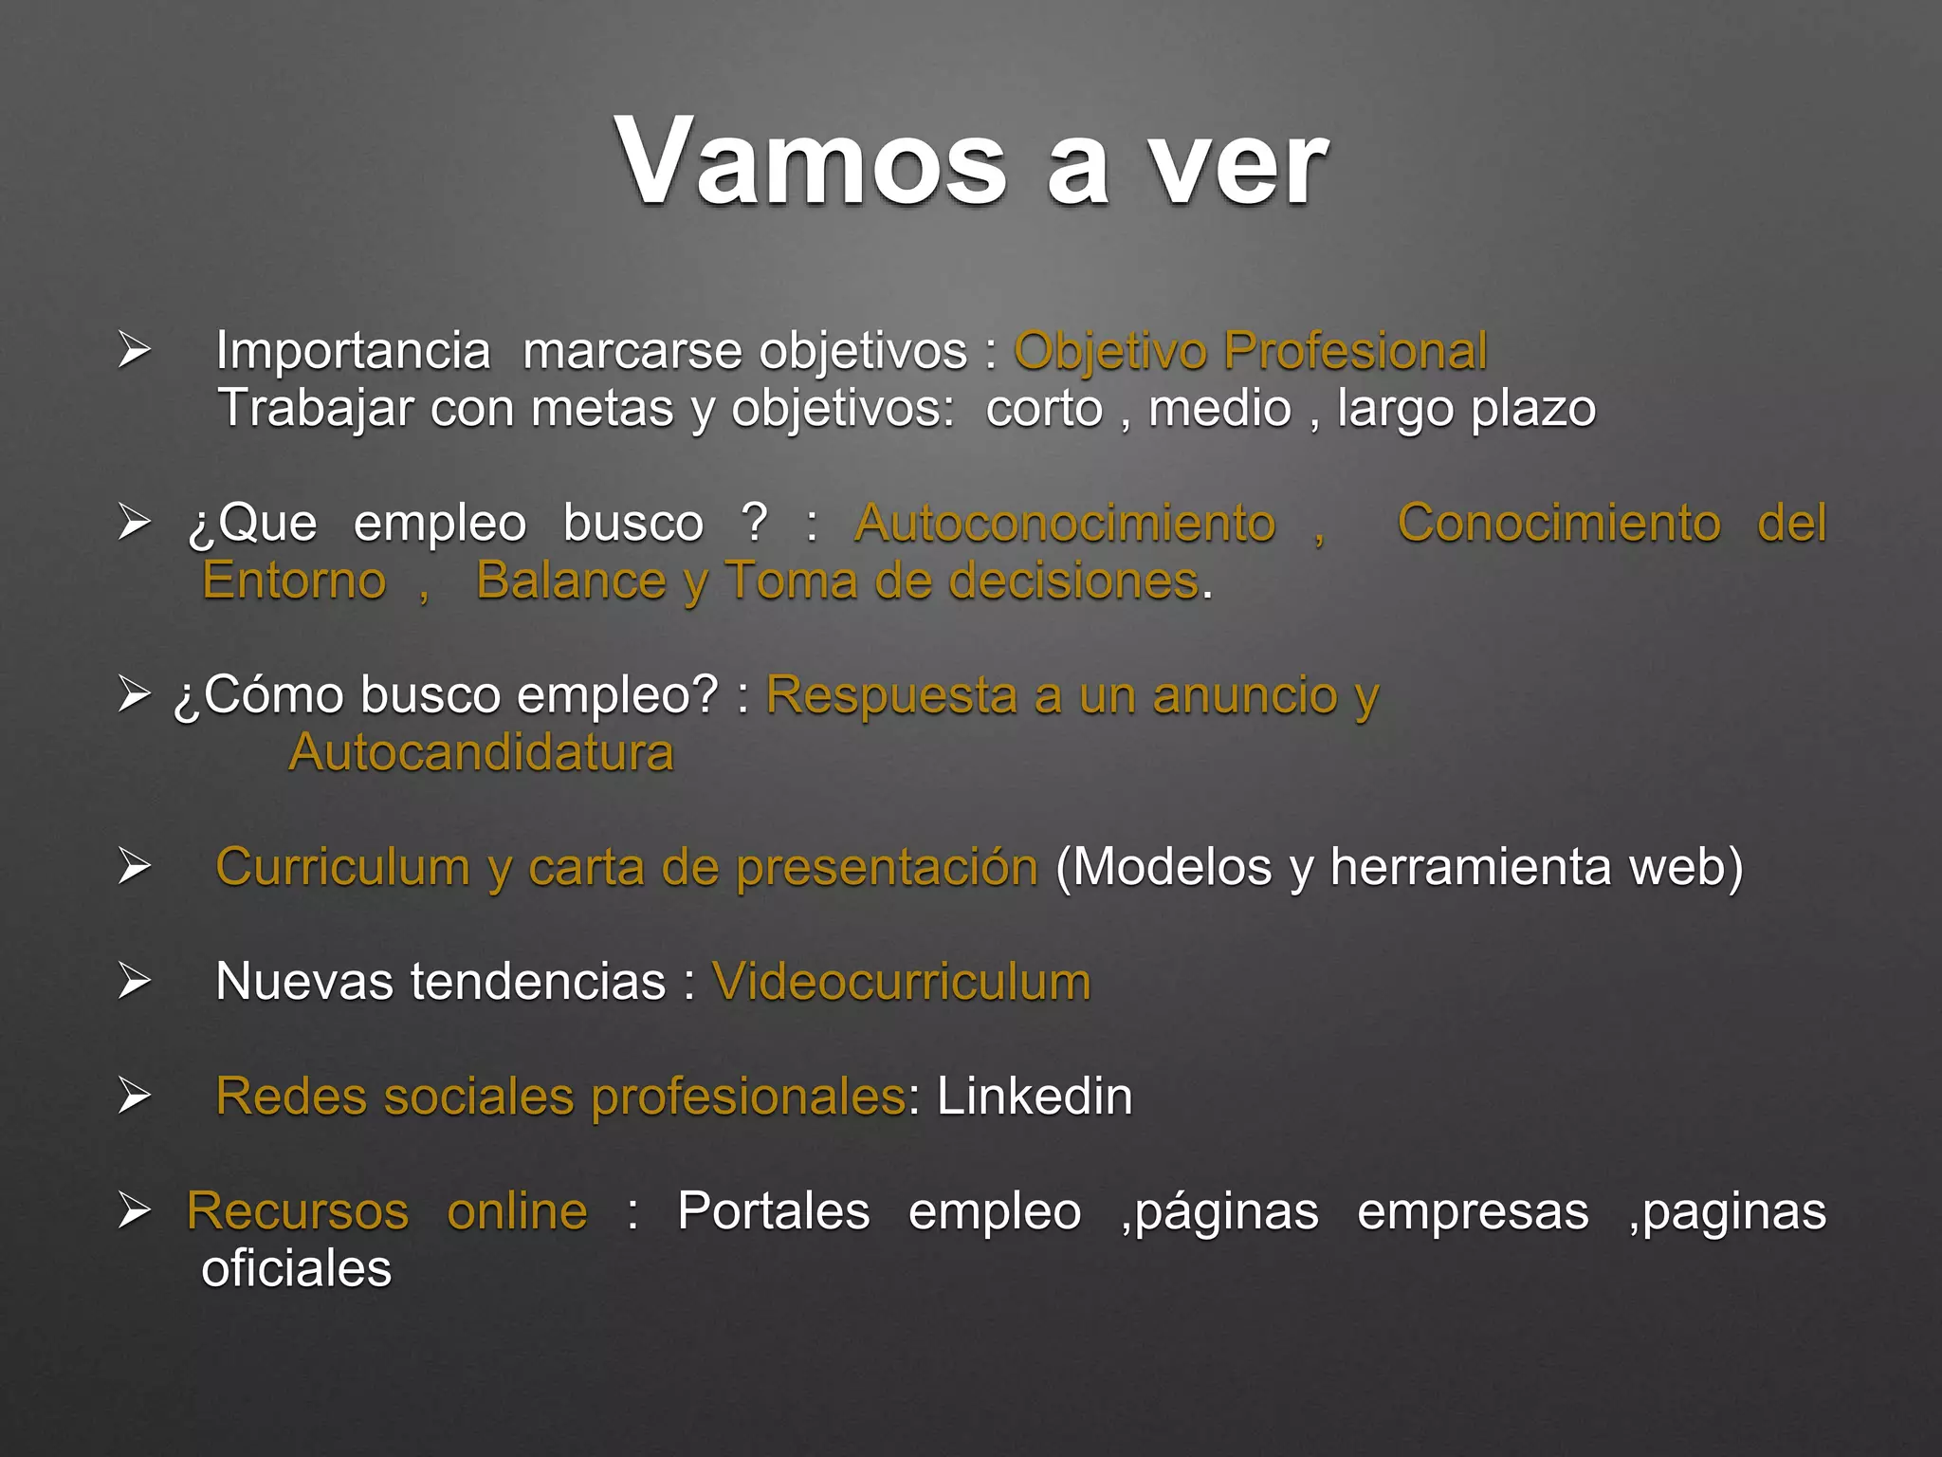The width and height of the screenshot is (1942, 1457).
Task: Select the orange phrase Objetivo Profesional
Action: point(1251,351)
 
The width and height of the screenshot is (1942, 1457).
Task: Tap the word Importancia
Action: point(353,351)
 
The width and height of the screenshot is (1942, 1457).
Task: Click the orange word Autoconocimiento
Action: point(1065,523)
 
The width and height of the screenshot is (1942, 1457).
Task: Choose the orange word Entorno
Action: point(294,581)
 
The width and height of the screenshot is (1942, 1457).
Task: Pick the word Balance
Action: point(571,581)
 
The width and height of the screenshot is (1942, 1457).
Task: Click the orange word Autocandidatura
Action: point(481,753)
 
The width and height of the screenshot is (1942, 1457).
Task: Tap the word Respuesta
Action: point(891,695)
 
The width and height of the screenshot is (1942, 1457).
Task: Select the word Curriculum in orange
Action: point(342,868)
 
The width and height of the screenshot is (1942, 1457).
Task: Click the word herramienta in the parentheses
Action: point(1470,867)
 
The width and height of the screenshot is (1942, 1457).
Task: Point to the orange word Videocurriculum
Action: point(901,982)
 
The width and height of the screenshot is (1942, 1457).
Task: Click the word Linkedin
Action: point(1035,1097)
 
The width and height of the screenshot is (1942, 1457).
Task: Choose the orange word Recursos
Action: point(298,1211)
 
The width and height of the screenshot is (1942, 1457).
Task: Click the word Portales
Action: point(773,1211)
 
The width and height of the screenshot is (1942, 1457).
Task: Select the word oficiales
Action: point(296,1269)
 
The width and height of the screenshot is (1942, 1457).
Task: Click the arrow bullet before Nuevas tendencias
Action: point(134,981)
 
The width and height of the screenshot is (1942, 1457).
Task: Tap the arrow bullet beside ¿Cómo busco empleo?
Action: point(134,694)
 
